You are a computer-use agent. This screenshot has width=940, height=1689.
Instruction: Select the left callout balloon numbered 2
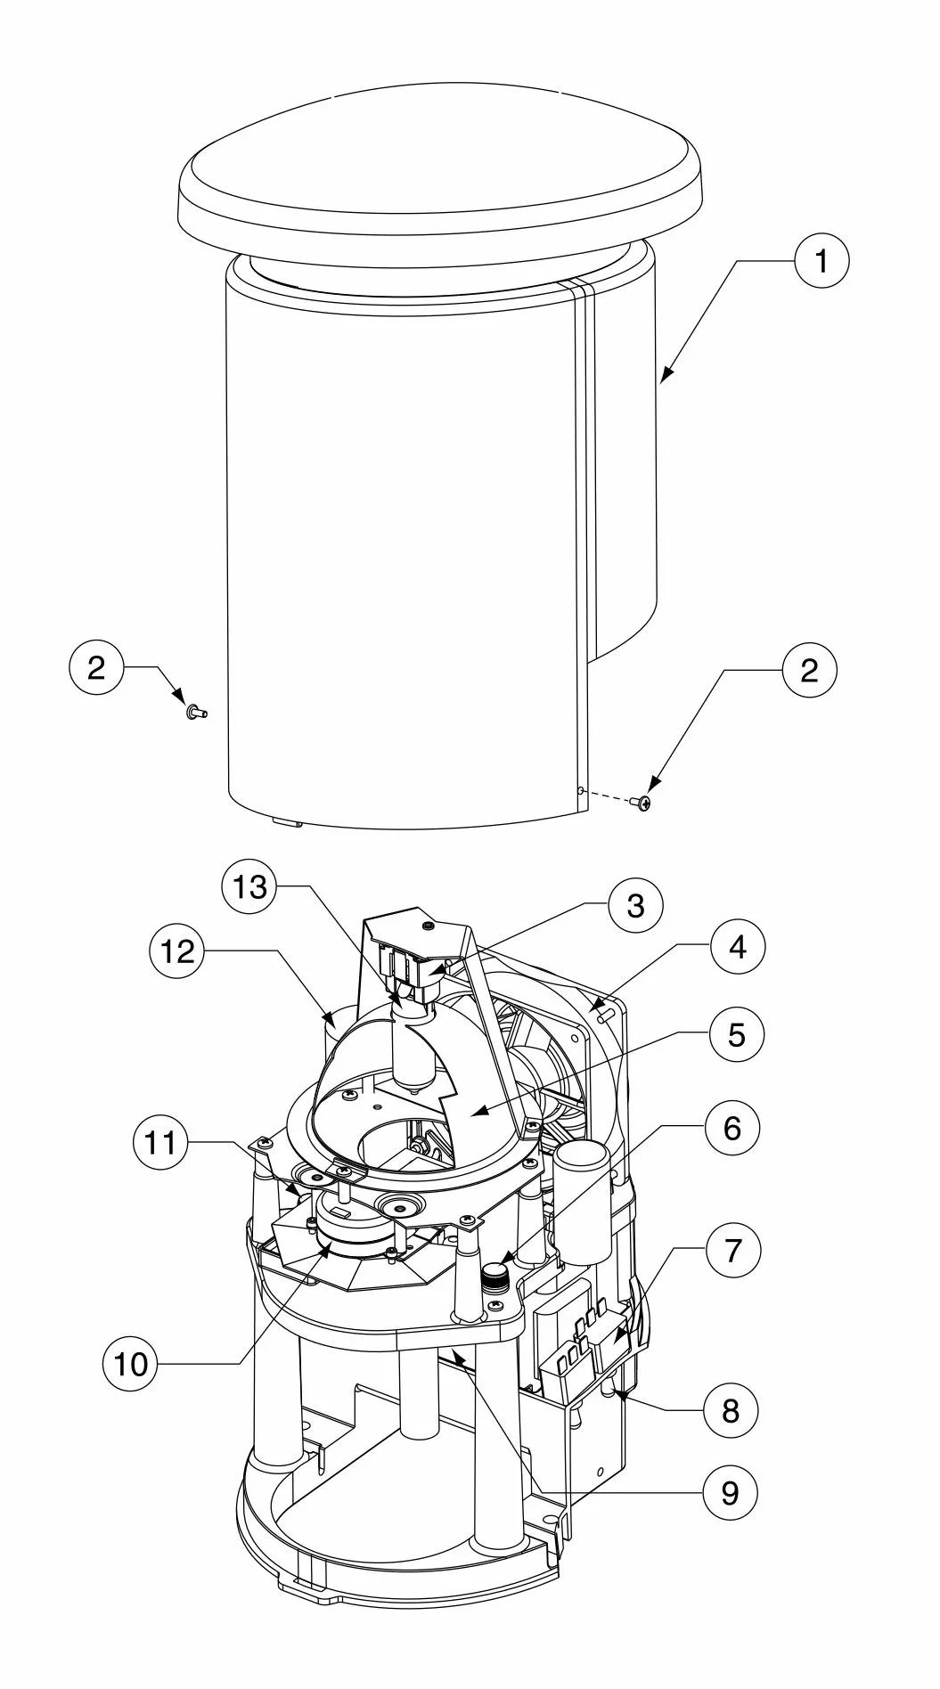pos(96,667)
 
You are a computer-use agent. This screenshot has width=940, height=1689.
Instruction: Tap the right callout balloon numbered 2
pos(809,670)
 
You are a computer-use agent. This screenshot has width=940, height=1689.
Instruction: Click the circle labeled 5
pos(737,1034)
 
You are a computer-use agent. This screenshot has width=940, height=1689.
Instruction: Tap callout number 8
pos(731,1410)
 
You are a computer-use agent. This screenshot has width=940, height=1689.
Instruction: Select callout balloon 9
pos(730,1491)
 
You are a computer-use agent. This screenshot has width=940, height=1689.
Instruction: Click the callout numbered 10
pos(131,1363)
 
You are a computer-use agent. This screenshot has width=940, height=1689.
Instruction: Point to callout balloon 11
pos(161,1141)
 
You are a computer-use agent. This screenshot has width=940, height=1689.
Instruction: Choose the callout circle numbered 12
pos(177,951)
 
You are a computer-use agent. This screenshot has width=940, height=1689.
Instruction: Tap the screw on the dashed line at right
pos(642,803)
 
